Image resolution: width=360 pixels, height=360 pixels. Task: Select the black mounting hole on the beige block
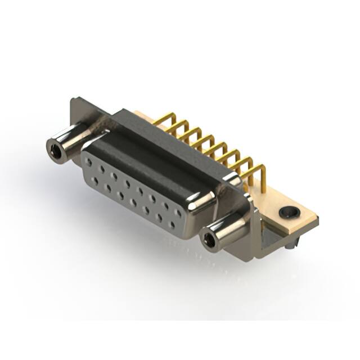289,212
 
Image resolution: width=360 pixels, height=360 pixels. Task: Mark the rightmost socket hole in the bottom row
172,225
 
